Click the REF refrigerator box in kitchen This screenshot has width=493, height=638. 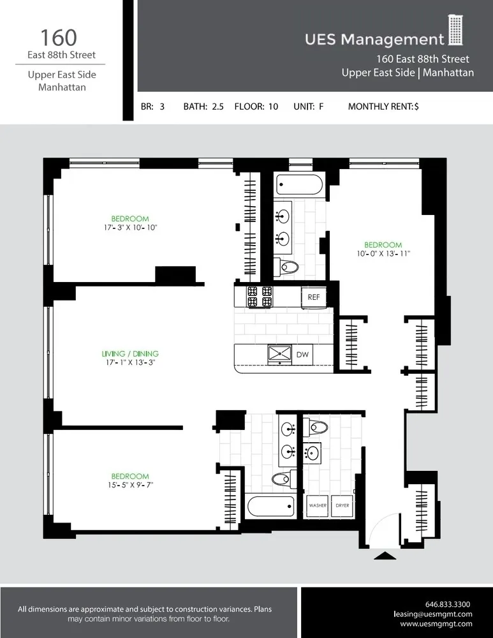[x=313, y=297]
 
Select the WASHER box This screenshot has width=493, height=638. [x=318, y=505]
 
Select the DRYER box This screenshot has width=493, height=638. [x=343, y=505]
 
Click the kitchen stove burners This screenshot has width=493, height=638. [x=260, y=297]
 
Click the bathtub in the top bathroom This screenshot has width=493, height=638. [x=300, y=186]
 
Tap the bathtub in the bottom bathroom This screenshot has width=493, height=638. [x=270, y=506]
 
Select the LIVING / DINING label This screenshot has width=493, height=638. [x=130, y=353]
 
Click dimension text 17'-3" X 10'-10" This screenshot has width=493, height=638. [x=130, y=227]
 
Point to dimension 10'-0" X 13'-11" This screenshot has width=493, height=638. [x=383, y=253]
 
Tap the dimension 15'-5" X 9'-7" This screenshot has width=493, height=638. [x=130, y=485]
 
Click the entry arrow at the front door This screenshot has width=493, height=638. [x=385, y=556]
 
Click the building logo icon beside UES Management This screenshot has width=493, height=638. [x=455, y=31]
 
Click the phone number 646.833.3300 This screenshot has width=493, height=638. [x=447, y=604]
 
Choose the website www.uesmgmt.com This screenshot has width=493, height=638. [x=436, y=623]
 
